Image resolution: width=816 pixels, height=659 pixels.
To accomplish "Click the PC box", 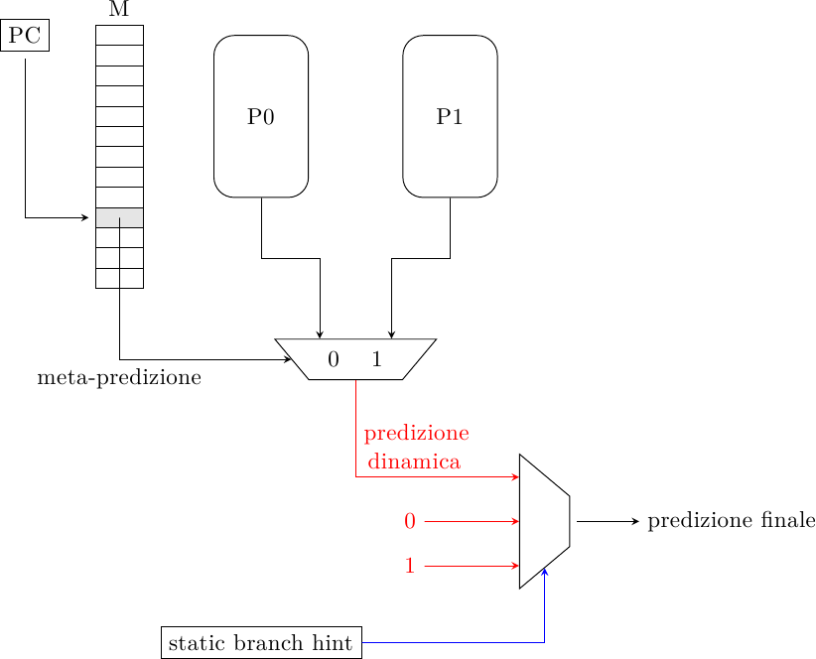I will point(25,37).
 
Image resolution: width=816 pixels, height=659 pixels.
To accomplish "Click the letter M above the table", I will point(119,10).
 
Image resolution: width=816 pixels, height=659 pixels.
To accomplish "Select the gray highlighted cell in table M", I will point(119,217).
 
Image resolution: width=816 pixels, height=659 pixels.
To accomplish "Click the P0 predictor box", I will point(261,116).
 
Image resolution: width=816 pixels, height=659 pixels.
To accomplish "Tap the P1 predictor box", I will point(450,116).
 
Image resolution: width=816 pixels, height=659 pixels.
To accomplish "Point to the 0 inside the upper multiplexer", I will point(334,360).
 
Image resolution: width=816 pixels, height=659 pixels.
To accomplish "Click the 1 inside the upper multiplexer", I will point(376,360).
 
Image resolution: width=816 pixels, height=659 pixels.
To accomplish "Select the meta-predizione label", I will point(119,378).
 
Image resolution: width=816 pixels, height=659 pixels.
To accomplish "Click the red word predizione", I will point(416,434).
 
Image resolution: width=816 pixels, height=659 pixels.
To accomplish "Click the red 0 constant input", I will point(409,521).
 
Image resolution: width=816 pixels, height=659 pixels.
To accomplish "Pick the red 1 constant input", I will point(409,566).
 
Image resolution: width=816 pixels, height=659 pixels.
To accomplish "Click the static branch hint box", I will point(262,643).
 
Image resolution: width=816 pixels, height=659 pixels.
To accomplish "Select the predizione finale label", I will point(731,521).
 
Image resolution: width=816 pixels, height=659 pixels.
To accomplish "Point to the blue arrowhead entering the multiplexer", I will point(545,572).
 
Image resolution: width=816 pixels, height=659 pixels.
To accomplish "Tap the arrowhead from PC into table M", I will point(85,217).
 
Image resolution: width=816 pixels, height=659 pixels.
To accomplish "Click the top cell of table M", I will point(119,35).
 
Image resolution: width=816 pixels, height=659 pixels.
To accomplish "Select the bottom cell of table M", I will point(119,279).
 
